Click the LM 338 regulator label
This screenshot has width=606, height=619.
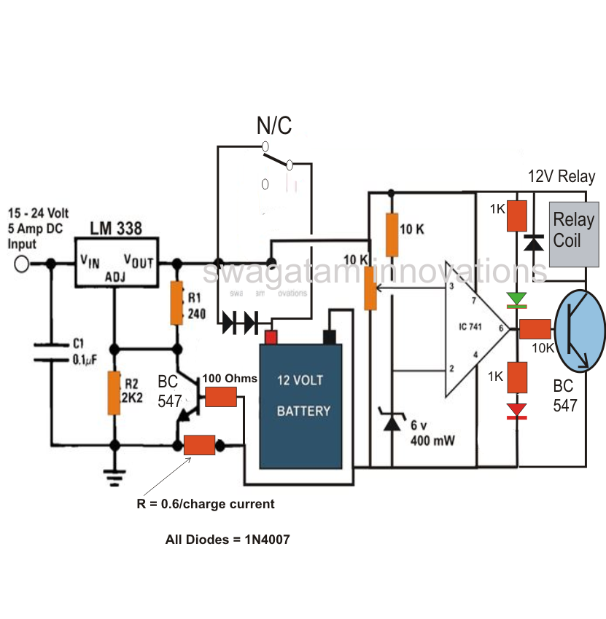116,228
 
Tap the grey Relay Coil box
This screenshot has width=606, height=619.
574,234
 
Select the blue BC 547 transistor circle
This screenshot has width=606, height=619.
580,331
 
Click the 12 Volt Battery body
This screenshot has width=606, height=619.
300,406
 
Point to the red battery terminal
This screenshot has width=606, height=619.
271,337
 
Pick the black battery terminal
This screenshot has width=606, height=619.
330,337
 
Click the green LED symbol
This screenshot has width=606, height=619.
516,300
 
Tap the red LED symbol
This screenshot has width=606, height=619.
516,411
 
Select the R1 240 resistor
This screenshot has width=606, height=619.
176,303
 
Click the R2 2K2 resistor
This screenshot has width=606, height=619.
114,393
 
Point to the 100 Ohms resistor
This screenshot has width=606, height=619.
221,397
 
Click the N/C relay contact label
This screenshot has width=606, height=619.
274,125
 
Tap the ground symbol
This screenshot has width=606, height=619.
114,478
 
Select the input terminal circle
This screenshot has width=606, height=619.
22,264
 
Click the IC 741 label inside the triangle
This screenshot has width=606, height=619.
470,326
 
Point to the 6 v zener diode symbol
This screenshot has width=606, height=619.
392,419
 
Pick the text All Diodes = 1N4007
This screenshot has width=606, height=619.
228,539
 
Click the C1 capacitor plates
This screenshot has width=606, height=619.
51,352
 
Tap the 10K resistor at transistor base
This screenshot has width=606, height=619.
535,329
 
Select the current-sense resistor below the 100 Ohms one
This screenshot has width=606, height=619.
200,445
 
